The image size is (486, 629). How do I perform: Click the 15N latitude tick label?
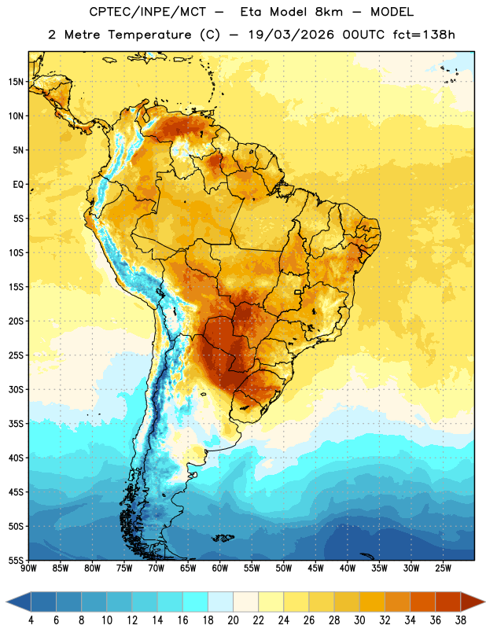(x=16, y=82)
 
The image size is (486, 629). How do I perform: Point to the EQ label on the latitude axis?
(x=18, y=185)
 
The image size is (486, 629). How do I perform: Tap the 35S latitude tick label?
(x=16, y=424)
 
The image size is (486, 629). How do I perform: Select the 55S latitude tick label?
(x=16, y=560)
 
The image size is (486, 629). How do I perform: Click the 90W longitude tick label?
(x=28, y=568)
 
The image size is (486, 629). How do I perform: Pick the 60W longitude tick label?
(x=220, y=568)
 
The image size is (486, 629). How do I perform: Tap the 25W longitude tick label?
(x=443, y=568)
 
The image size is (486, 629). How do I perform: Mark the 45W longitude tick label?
(x=315, y=568)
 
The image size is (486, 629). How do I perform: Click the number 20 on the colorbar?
(x=233, y=620)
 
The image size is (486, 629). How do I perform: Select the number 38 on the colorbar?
(x=461, y=620)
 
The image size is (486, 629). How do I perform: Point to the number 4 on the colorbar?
(x=31, y=620)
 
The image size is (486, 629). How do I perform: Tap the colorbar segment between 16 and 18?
(x=196, y=601)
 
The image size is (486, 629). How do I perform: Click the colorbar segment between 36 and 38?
(x=448, y=601)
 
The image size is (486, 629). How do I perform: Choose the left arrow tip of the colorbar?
(x=6, y=601)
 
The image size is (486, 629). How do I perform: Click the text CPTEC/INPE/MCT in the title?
(x=148, y=12)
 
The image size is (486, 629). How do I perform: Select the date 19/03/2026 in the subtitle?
(x=291, y=35)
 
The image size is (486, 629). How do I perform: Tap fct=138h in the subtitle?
(x=424, y=35)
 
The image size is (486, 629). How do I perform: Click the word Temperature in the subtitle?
(x=149, y=35)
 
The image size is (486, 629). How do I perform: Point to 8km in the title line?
(x=329, y=12)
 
